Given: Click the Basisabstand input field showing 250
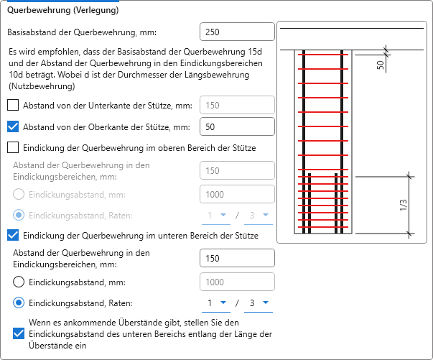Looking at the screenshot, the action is point(237,32).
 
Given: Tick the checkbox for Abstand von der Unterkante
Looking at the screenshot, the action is point(13,105).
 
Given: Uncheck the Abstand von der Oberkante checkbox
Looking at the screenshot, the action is point(13,126).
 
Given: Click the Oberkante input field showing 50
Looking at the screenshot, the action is point(237,126).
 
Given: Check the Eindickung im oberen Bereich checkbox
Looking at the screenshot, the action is point(13,147).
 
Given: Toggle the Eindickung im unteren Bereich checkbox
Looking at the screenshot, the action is point(13,235).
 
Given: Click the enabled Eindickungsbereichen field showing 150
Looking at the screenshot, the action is point(237,258).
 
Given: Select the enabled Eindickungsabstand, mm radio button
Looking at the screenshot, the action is point(19,282).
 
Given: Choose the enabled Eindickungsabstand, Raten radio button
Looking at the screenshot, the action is point(19,303).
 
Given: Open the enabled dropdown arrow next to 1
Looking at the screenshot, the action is point(223,303).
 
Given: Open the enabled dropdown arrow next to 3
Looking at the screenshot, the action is point(266,303).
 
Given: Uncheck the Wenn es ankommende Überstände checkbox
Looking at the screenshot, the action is point(19,333).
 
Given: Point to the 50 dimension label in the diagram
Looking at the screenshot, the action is point(381,65).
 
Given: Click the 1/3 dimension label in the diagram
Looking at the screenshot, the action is point(404,205).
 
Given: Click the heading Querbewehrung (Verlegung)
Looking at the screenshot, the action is point(63,10).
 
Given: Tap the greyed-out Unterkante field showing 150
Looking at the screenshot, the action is point(237,105).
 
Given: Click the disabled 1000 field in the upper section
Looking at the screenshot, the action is point(237,194).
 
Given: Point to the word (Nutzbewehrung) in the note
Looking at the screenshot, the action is point(42,86).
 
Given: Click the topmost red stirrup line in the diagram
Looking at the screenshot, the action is point(323,55).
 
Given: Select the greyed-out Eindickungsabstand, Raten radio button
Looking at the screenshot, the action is point(19,215).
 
